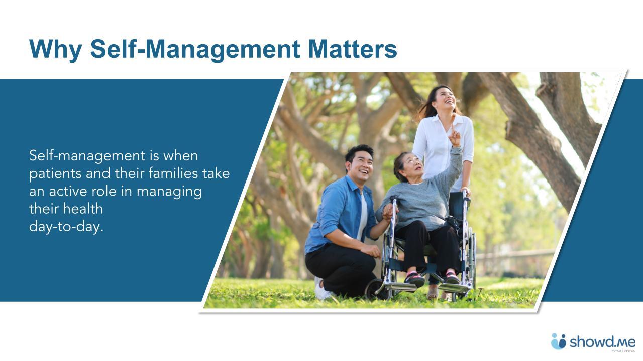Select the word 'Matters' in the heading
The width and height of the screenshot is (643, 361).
[x=352, y=49]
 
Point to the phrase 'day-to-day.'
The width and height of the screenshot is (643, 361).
[x=66, y=226]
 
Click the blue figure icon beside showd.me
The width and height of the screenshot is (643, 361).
[x=558, y=341]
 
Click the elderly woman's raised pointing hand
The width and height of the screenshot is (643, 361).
[x=454, y=135]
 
